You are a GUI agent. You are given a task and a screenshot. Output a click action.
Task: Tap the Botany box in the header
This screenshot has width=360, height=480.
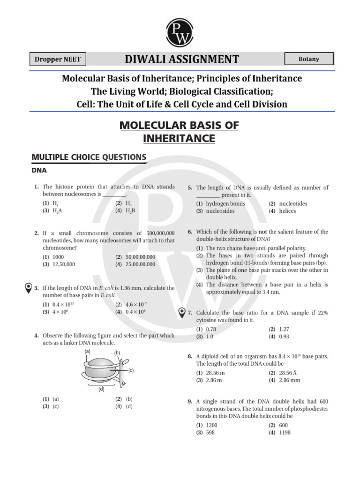click(x=309, y=59)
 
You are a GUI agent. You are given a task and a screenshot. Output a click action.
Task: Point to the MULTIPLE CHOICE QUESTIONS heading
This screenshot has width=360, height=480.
click(x=88, y=157)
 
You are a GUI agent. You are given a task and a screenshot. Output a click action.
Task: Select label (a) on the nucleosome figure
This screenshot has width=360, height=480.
click(x=87, y=351)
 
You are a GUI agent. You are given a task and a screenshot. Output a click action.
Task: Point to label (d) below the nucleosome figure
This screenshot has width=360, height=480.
click(x=101, y=389)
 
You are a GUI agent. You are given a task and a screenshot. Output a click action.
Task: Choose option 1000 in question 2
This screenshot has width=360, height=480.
click(x=58, y=257)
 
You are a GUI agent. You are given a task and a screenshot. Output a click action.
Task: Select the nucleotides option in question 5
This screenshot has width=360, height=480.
click(x=293, y=204)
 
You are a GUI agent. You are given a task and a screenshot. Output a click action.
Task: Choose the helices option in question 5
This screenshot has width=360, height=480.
click(x=287, y=211)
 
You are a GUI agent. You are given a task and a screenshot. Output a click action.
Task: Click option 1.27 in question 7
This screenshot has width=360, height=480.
click(x=284, y=330)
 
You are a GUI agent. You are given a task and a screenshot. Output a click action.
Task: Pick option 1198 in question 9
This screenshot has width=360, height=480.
click(x=285, y=433)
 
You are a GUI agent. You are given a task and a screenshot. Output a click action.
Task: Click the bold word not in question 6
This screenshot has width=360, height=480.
click(x=262, y=232)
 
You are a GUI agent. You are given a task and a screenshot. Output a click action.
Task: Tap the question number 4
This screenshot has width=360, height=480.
click(x=36, y=336)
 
